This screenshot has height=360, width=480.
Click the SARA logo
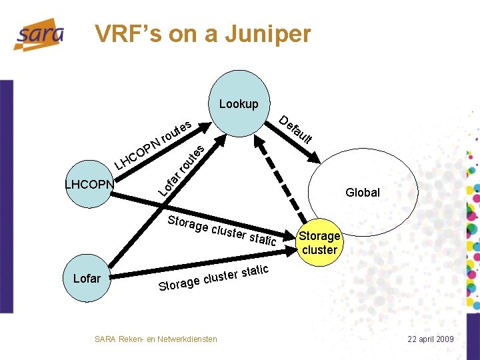(39, 34)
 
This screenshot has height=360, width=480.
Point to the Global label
(363, 193)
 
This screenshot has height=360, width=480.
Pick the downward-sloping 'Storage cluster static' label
(221, 231)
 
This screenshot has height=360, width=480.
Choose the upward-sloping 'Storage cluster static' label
(213, 279)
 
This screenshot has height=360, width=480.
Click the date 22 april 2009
(431, 339)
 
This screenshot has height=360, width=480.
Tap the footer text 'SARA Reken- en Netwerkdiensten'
(156, 339)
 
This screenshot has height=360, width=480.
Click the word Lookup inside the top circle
(239, 104)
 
